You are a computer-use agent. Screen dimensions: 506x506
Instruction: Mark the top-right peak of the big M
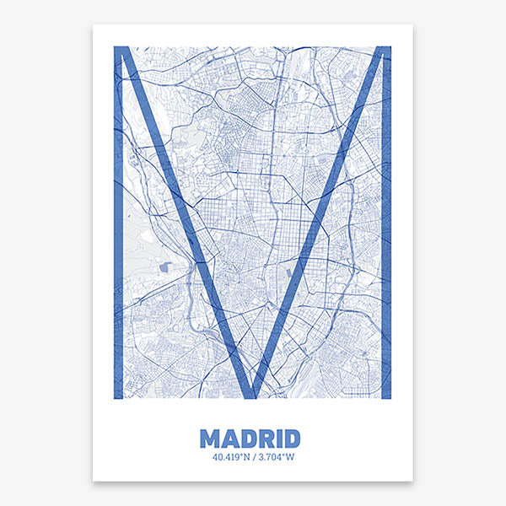[x=385, y=51]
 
